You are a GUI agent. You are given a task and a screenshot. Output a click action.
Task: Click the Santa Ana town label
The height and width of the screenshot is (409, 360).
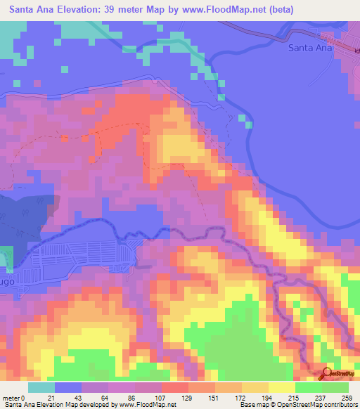click(309, 48)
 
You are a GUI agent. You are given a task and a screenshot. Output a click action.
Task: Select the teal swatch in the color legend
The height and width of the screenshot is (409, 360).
click(41, 388)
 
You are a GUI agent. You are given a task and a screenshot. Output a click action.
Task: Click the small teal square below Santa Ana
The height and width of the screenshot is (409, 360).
click(249, 124)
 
